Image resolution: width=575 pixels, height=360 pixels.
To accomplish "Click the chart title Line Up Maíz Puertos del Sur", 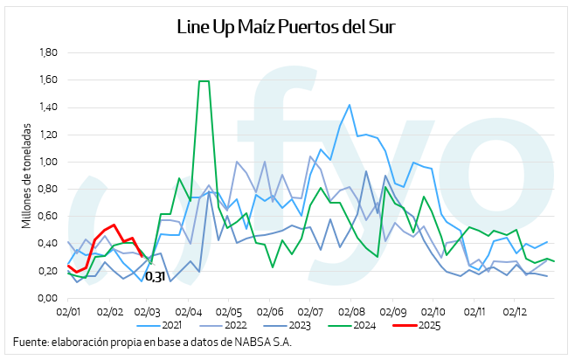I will point(287,26).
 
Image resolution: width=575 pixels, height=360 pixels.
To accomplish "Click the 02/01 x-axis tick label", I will point(68,310).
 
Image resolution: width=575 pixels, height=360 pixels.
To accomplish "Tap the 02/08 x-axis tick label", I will point(351,310).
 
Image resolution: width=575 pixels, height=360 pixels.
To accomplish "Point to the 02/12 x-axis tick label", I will point(514,310).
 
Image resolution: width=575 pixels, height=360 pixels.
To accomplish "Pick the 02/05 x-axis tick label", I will point(230,310).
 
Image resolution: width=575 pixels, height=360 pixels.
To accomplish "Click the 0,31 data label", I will point(155,277).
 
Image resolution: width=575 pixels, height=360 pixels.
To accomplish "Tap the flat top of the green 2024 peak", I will point(204,81).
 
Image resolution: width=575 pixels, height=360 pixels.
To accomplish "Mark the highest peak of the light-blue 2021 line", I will point(350,105).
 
